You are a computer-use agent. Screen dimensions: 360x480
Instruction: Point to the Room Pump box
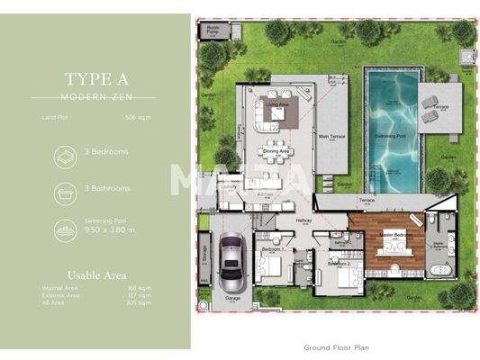[x=213, y=29]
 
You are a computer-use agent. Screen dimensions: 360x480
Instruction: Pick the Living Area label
[x=276, y=103]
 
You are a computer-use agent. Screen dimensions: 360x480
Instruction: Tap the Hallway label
[x=303, y=219]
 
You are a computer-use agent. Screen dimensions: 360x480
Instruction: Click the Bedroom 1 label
[x=272, y=247]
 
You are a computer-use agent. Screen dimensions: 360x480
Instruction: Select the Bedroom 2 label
[x=339, y=265]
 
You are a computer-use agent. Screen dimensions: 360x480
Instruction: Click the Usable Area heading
[x=97, y=274]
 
